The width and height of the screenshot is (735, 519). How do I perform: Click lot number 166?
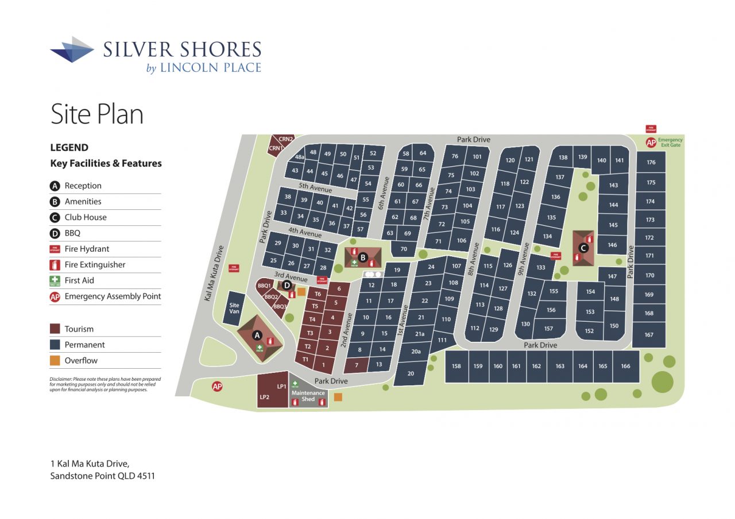[x=625, y=366]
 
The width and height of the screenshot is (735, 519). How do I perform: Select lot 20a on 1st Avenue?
[x=416, y=352]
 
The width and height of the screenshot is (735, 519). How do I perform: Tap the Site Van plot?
[x=234, y=309]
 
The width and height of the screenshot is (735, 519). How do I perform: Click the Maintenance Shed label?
[x=308, y=396]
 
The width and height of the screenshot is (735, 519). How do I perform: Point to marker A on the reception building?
[x=257, y=335]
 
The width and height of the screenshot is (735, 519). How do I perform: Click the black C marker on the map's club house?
[x=583, y=248]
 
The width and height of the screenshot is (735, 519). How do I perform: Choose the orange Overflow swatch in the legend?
[x=55, y=361]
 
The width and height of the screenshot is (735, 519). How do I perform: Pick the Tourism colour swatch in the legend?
[x=55, y=329]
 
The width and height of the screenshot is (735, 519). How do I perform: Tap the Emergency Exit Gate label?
[x=670, y=142]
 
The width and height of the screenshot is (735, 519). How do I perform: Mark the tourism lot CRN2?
[x=286, y=139]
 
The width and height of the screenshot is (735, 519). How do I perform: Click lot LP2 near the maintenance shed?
[x=265, y=397]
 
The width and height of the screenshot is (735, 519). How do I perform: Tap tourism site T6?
[x=317, y=294]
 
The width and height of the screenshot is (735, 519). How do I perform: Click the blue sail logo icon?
[x=72, y=49]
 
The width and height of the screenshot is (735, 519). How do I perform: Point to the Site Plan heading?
[x=96, y=114]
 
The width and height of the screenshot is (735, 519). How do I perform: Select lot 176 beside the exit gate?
[x=651, y=162]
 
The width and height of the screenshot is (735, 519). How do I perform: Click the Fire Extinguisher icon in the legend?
[x=55, y=265]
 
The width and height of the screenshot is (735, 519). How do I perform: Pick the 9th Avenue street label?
[x=524, y=257]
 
